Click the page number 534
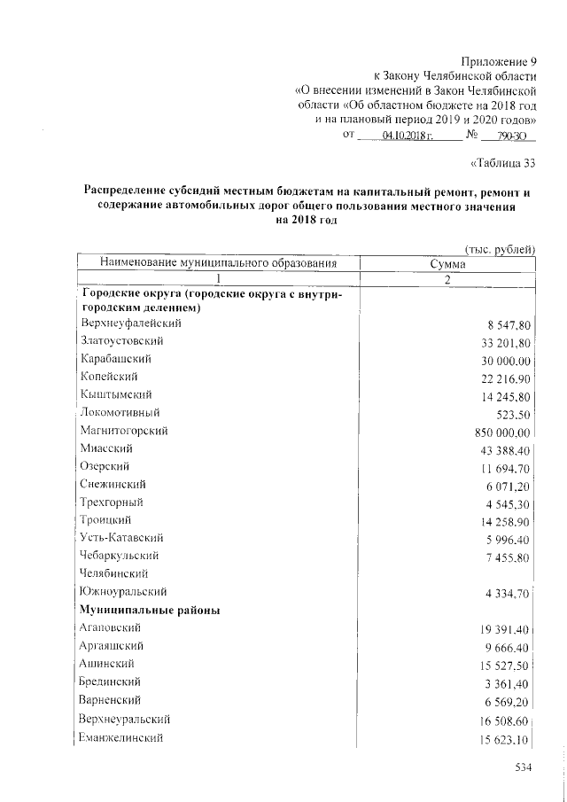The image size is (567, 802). [x=523, y=767]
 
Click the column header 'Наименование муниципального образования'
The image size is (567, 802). [x=219, y=263]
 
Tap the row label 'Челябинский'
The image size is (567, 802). [x=114, y=573]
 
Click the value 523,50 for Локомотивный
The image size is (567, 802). [x=511, y=414]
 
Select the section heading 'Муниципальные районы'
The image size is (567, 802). [x=150, y=610]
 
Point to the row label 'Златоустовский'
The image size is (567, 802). [x=121, y=340]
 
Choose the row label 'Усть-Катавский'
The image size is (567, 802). [x=121, y=537]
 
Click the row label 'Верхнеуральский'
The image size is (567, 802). [x=126, y=718]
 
